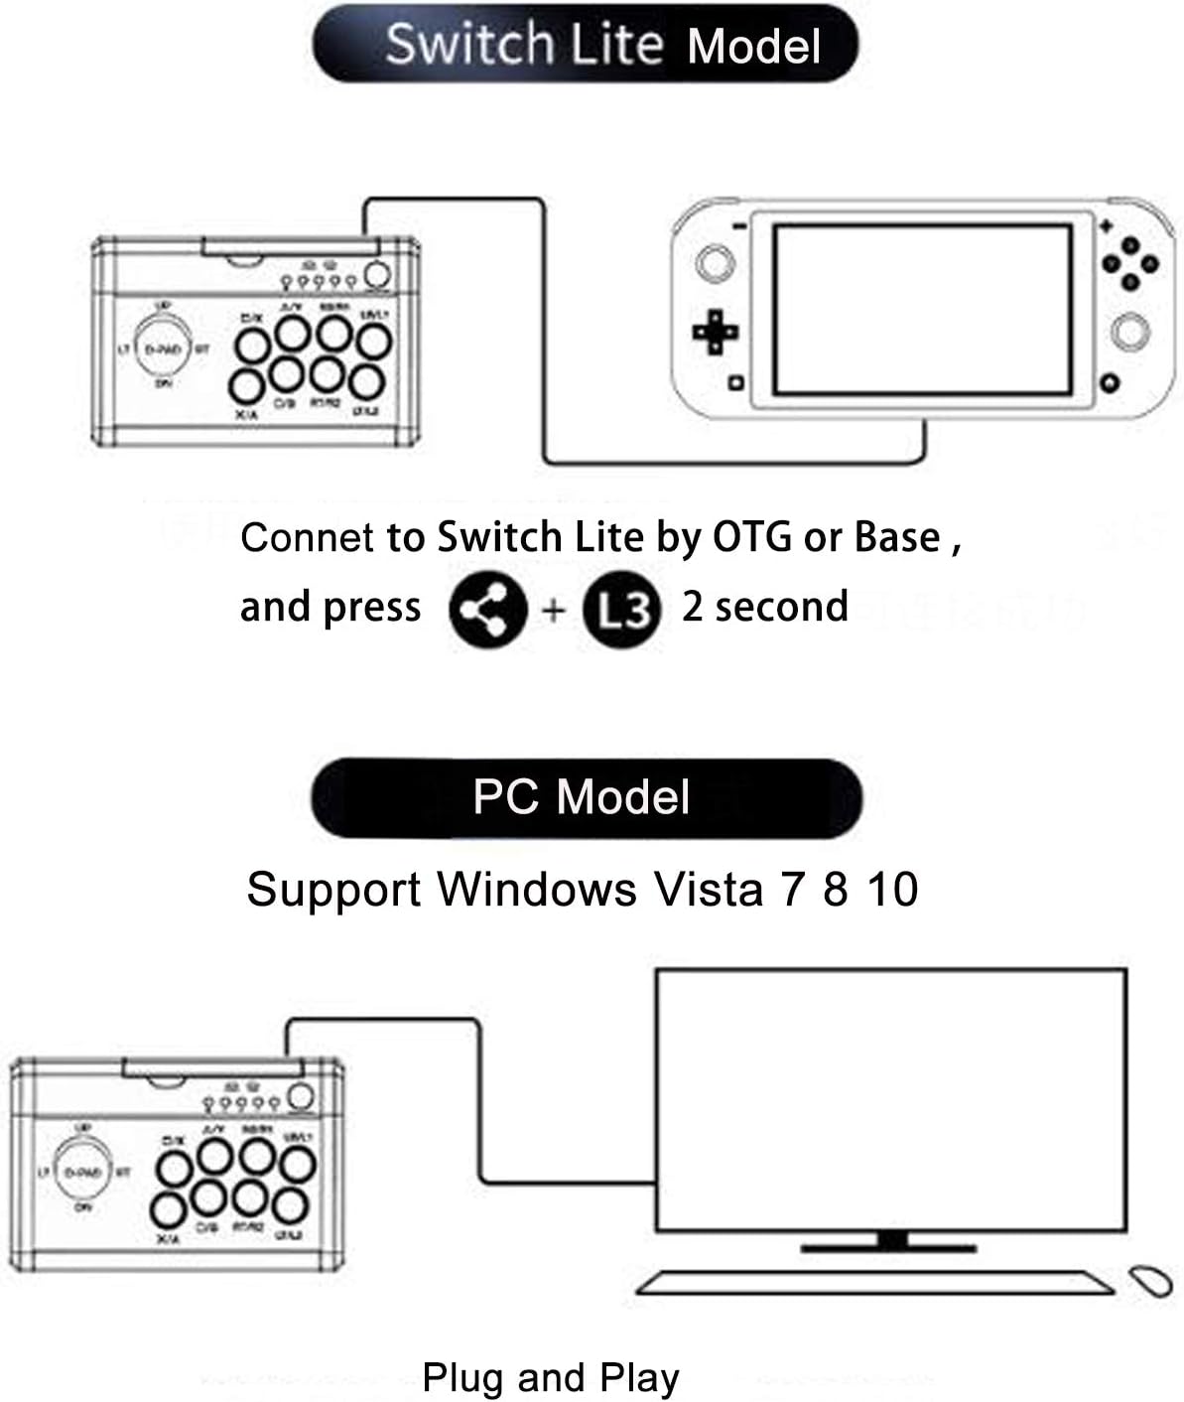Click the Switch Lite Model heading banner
[x=586, y=45]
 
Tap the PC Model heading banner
[x=586, y=797]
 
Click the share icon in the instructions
[x=486, y=610]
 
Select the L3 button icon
[x=620, y=612]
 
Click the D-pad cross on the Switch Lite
[x=715, y=331]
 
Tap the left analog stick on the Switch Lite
[x=715, y=262]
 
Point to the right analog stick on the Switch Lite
[x=1129, y=331]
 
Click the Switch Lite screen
[x=922, y=310]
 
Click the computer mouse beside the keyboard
[x=1150, y=1280]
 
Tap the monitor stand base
[x=890, y=1245]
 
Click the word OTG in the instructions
[x=751, y=537]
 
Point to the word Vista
[x=708, y=889]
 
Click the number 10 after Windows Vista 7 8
[x=892, y=889]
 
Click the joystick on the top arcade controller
[x=164, y=349]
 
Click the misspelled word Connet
[x=307, y=537]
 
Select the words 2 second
[x=764, y=607]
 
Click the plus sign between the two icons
[x=554, y=610]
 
